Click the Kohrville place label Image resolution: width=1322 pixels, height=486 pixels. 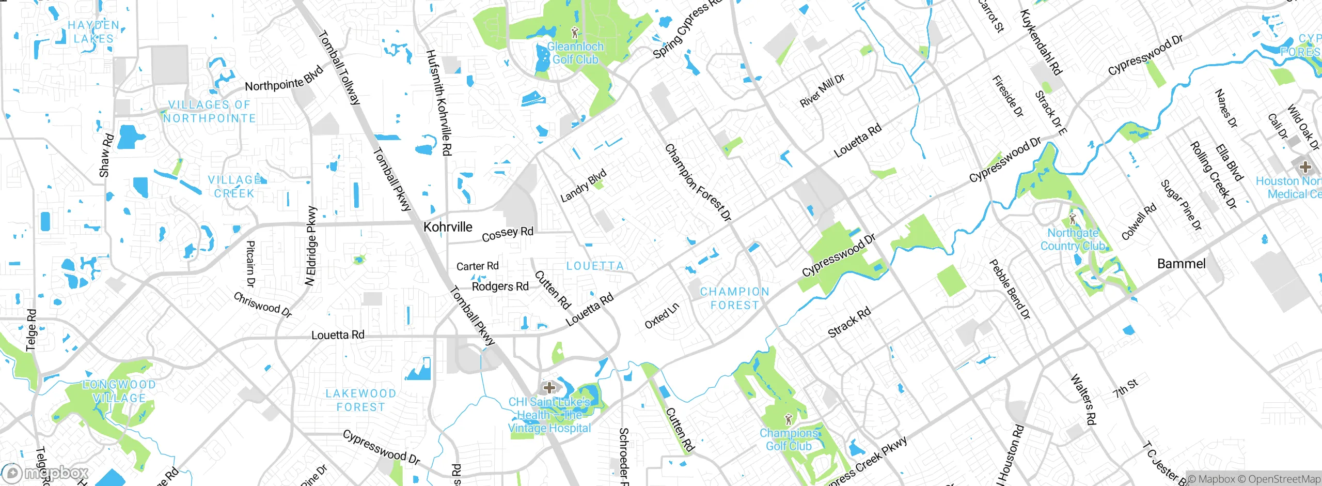(x=448, y=227)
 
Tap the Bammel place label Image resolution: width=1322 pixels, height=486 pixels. (x=1181, y=264)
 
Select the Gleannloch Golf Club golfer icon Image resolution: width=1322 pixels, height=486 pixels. (x=574, y=33)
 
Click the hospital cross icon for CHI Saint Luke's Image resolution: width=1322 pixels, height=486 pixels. (x=549, y=387)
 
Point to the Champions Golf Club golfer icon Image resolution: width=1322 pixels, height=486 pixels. (x=788, y=419)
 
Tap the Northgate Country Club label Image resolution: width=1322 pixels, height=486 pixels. (x=1072, y=239)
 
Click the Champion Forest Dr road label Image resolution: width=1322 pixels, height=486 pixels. (x=698, y=183)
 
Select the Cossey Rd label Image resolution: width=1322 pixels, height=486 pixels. (x=507, y=234)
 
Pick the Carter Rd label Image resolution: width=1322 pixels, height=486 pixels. (x=477, y=266)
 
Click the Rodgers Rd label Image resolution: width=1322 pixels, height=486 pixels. (x=500, y=286)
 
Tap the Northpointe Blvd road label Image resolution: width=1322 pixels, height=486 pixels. (x=284, y=79)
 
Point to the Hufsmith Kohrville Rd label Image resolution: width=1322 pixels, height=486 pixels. (x=439, y=103)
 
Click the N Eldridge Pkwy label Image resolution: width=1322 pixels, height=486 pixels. (x=311, y=246)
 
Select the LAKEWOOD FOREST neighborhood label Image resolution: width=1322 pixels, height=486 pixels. (x=360, y=400)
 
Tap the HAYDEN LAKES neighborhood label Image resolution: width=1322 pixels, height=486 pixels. (x=93, y=32)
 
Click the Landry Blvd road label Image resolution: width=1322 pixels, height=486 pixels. (x=583, y=186)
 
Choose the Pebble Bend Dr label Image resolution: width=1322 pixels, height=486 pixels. (x=1010, y=289)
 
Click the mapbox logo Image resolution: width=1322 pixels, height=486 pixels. (x=45, y=473)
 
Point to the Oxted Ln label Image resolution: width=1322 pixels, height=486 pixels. (x=662, y=316)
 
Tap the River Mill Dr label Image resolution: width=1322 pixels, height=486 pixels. (x=822, y=90)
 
